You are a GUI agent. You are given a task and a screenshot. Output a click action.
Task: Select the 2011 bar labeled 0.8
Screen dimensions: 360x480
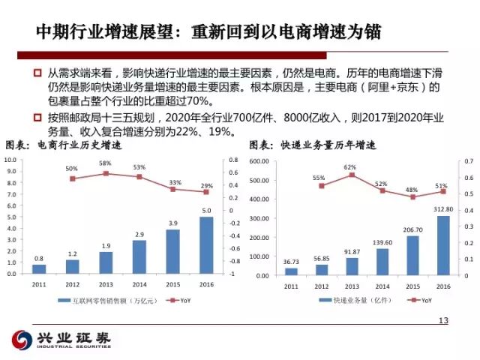point(39,269)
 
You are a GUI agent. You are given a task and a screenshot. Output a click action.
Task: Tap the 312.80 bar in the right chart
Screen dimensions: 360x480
point(443,245)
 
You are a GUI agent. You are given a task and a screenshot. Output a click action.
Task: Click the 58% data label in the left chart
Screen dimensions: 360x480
point(105,163)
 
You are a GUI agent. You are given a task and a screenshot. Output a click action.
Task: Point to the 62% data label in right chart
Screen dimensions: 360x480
point(350,167)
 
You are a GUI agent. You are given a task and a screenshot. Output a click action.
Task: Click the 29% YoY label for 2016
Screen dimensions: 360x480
point(207,185)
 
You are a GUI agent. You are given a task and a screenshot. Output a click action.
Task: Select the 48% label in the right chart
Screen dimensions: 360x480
point(412,190)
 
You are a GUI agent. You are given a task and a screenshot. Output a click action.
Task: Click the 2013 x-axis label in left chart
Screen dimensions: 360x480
point(106,286)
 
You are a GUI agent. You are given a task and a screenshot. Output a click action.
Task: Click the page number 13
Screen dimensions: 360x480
point(442,322)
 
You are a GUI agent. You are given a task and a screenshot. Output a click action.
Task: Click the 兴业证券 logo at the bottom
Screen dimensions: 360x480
point(62,340)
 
